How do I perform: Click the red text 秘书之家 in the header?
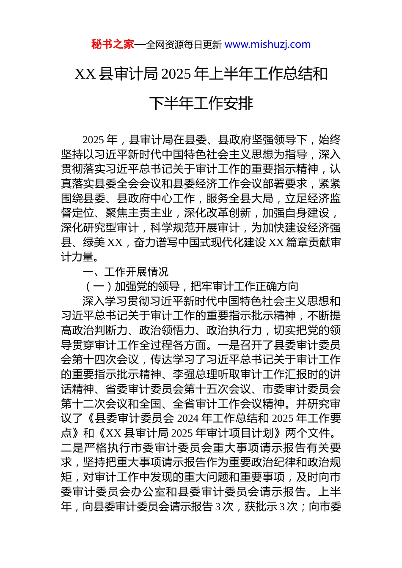(x=113, y=44)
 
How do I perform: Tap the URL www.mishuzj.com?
(x=267, y=44)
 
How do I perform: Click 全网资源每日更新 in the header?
(x=184, y=45)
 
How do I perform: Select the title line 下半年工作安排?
(x=201, y=103)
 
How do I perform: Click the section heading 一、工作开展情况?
(x=126, y=272)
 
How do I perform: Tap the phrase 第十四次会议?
(x=105, y=360)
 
